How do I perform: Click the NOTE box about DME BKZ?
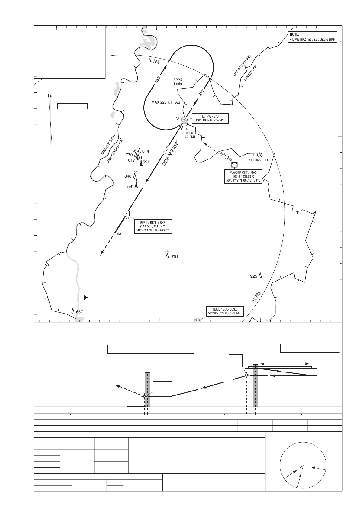click(x=312, y=37)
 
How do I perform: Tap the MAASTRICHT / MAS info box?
click(x=243, y=177)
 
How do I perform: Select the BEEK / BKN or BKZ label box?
click(x=153, y=227)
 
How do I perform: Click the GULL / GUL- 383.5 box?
click(x=225, y=311)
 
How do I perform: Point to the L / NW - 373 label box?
click(x=210, y=118)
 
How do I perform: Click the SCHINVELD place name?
click(x=258, y=160)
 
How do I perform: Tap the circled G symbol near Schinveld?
click(x=259, y=155)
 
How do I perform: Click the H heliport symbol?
click(x=87, y=298)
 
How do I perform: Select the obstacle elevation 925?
click(x=253, y=276)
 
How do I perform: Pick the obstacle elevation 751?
click(x=175, y=257)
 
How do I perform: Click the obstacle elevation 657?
click(x=79, y=312)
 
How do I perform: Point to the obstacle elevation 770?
click(x=129, y=155)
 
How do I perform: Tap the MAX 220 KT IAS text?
click(x=166, y=102)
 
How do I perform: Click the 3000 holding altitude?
click(x=178, y=80)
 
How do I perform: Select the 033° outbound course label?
click(x=158, y=79)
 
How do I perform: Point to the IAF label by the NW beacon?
click(x=177, y=119)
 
